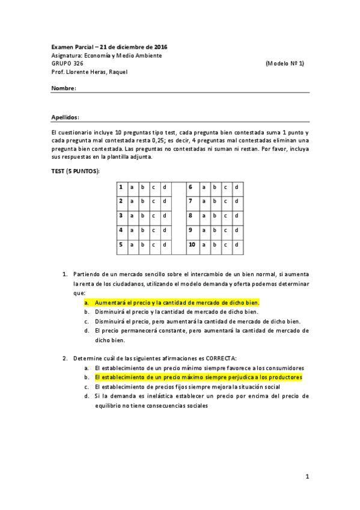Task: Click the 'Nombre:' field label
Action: [64, 88]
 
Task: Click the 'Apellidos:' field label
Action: [66, 118]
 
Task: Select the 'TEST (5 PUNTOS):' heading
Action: [76, 171]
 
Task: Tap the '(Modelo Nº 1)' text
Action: [284, 63]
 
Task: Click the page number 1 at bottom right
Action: [307, 477]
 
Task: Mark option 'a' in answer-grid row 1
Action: [132, 187]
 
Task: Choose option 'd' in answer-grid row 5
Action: [164, 245]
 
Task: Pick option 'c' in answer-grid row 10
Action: [225, 245]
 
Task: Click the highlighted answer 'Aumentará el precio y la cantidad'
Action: [177, 303]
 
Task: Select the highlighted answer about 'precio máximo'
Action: [198, 377]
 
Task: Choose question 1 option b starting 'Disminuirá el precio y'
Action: [176, 312]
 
